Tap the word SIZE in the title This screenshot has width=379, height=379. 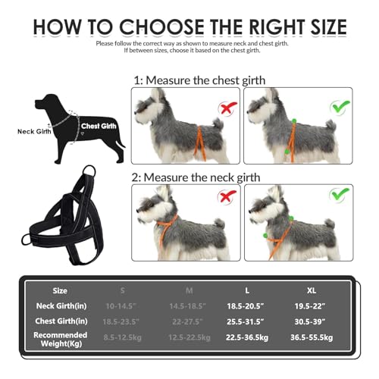315,27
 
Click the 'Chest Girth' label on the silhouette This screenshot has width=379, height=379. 99,126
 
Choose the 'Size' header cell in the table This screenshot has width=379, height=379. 60,290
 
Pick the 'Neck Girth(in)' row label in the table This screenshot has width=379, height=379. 60,306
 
